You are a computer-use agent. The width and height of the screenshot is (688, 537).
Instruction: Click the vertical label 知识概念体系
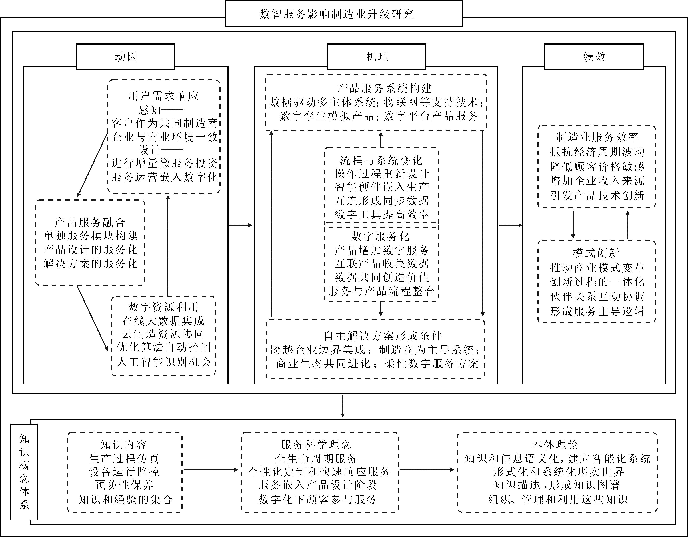(x=24, y=472)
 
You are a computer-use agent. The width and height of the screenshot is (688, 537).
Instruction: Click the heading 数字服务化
(x=381, y=236)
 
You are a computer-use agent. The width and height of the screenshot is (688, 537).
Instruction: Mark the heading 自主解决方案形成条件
(x=383, y=336)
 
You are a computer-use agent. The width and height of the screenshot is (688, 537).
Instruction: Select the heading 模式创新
(x=596, y=253)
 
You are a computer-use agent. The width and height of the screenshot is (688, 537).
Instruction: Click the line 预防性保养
(x=124, y=485)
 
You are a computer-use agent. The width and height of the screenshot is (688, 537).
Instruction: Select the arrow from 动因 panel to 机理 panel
(x=241, y=225)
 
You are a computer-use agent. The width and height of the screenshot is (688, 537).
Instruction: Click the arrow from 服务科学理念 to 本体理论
(x=427, y=470)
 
